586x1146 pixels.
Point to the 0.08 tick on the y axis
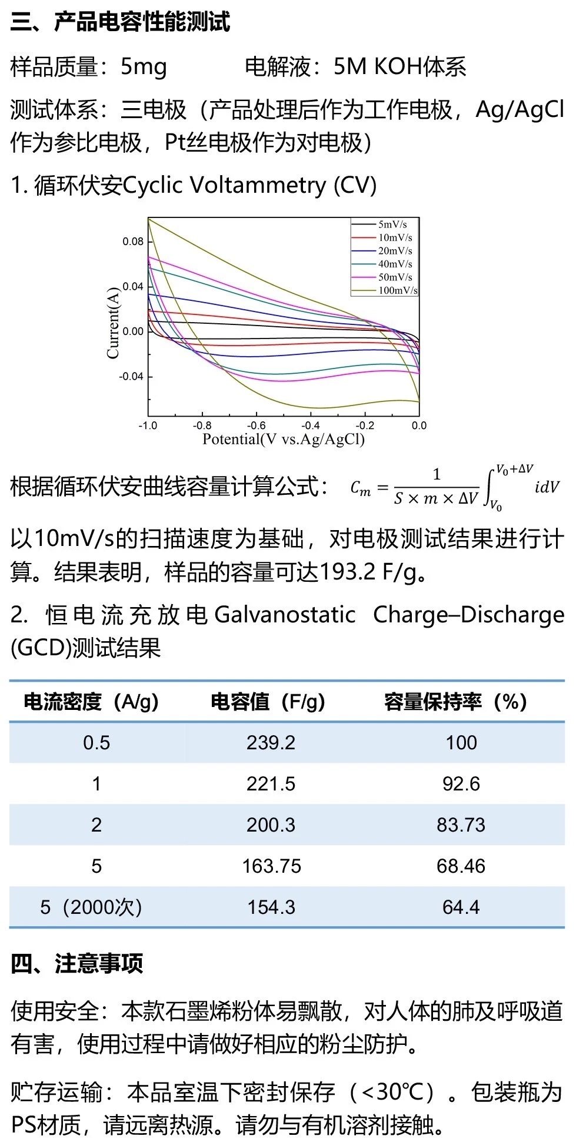point(133,242)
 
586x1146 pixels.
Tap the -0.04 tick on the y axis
point(131,377)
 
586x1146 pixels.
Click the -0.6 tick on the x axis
point(256,425)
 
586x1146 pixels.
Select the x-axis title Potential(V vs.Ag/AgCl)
point(284,440)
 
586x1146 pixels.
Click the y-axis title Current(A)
point(112,323)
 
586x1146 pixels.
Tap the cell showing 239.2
point(271,743)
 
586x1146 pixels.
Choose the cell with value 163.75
point(271,866)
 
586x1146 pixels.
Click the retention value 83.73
point(461,825)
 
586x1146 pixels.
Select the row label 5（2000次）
point(91,907)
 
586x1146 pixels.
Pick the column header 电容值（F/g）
point(268,702)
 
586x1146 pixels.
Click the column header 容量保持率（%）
point(455,702)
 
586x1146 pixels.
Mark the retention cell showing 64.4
point(461,907)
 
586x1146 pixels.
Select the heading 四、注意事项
point(76,964)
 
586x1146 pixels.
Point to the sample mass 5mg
point(144,67)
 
